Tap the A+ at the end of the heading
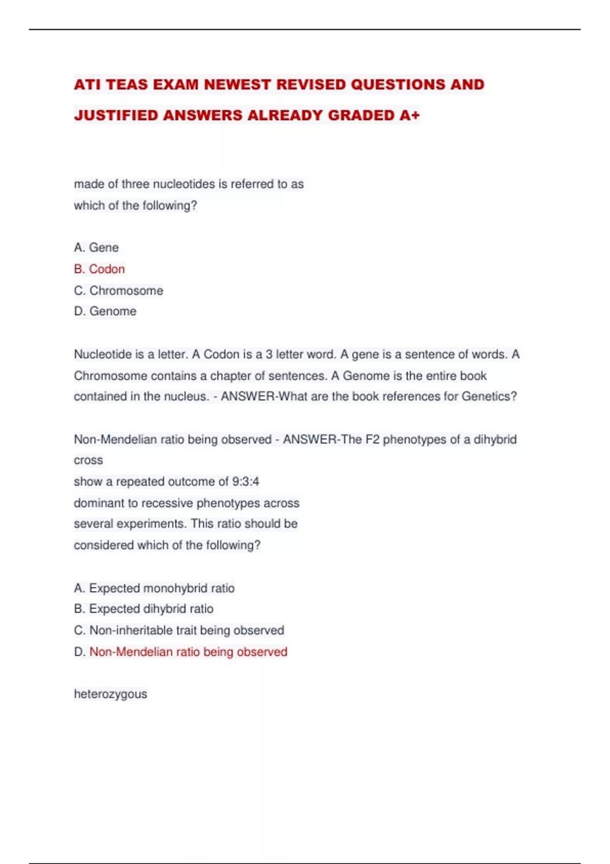[x=409, y=115]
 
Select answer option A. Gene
[x=96, y=248]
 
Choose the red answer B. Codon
[x=99, y=269]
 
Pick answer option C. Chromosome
[x=118, y=291]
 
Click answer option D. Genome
[x=105, y=311]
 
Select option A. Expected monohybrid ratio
[x=154, y=588]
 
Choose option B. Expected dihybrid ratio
[x=143, y=609]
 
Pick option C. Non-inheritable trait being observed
[x=179, y=630]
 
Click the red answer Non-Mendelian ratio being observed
[x=188, y=652]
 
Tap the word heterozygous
[x=110, y=694]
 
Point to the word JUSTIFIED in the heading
[x=116, y=115]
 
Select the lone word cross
[x=88, y=460]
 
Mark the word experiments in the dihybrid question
[x=158, y=523]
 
